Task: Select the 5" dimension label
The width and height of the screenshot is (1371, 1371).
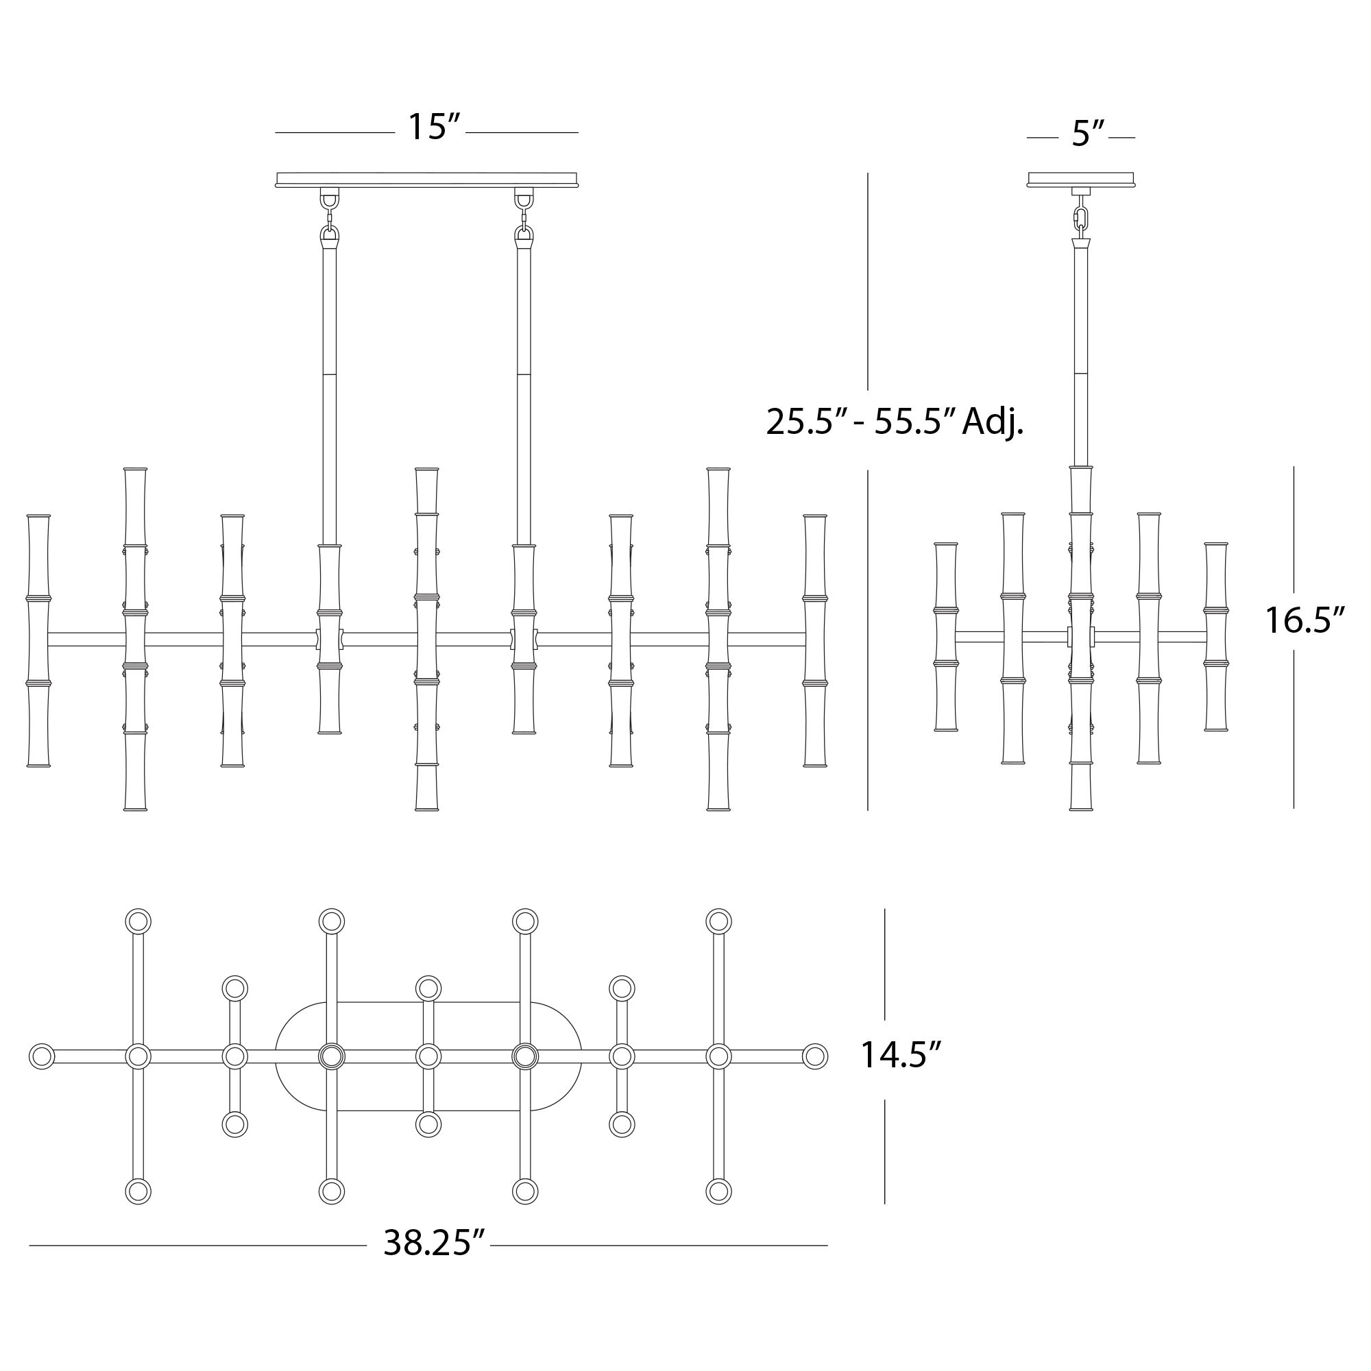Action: click(1087, 134)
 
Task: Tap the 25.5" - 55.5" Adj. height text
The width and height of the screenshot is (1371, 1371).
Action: click(894, 423)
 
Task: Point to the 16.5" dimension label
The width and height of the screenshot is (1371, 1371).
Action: click(1305, 621)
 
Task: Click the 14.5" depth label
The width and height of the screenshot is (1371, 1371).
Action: click(900, 1055)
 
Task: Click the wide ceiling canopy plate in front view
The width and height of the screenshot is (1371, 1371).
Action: click(426, 180)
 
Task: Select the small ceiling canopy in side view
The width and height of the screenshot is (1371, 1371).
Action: click(1081, 180)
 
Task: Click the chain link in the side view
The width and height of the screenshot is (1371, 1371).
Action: click(1081, 218)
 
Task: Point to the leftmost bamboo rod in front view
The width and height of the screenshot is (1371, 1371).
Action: click(38, 641)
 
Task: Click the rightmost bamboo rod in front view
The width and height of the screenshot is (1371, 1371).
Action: click(814, 641)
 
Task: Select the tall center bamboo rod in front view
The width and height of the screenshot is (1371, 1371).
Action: click(426, 639)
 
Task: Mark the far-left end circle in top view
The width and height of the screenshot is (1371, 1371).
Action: click(42, 1056)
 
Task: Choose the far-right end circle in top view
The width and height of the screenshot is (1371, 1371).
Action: click(814, 1056)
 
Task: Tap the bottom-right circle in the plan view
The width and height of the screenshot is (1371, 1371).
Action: click(718, 1192)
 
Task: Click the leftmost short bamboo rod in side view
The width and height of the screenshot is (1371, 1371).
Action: click(946, 638)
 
